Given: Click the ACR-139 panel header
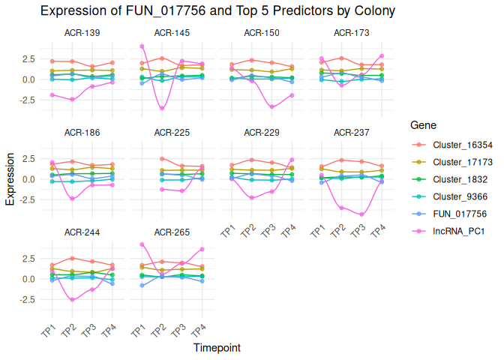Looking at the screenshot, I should [82, 33].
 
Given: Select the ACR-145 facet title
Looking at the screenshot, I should [172, 33].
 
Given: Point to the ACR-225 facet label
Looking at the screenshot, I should [172, 133].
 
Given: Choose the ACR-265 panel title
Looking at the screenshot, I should [172, 232].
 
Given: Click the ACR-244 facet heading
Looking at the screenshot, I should [82, 232].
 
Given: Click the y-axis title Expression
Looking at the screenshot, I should [10, 179].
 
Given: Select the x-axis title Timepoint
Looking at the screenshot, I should [217, 348].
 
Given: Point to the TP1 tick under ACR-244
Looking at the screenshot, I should [47, 332].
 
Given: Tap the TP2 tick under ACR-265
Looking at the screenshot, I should [157, 332].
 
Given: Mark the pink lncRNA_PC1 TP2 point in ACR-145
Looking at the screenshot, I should [162, 109].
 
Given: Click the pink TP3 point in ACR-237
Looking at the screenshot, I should [362, 214].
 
